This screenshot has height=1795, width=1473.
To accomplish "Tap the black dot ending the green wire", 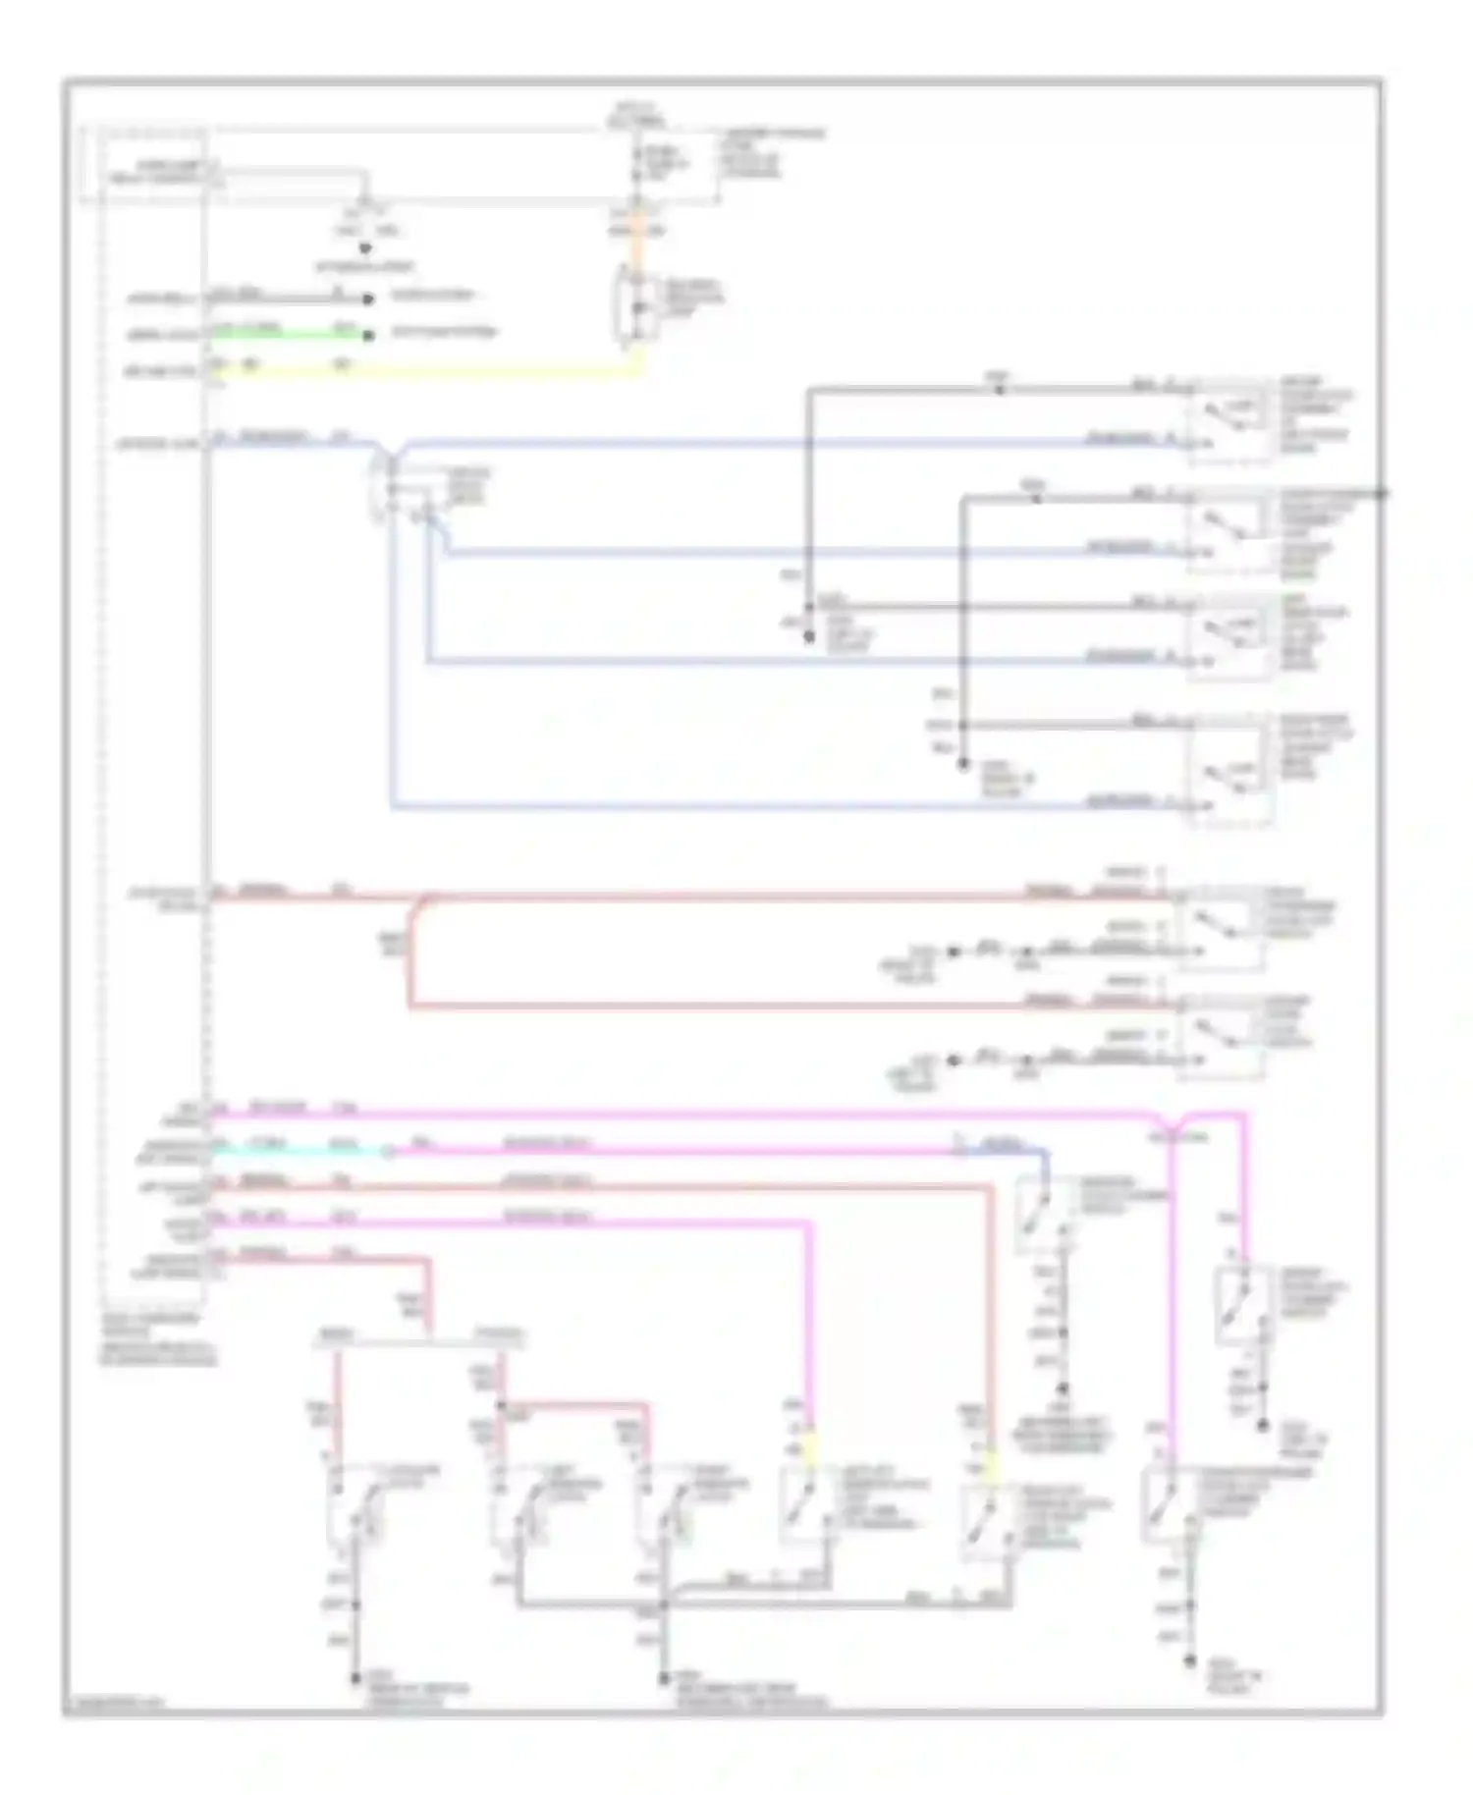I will [x=368, y=336].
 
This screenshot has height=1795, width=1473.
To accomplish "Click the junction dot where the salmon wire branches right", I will [x=503, y=1405].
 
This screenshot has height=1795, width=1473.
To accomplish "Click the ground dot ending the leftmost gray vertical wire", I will [x=355, y=1680].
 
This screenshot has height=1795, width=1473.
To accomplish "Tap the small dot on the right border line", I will [x=1382, y=493].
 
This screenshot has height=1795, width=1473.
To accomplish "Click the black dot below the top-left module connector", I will [x=364, y=248].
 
